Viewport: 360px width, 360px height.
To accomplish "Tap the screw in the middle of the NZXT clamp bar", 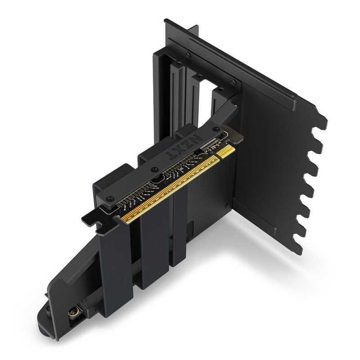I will pos(154,170).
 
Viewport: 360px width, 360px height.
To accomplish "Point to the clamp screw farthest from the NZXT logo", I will pos(110,198).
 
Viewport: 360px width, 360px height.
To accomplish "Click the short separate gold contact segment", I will pos(225,151).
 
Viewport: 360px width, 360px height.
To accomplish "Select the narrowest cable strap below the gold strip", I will pos(180,234).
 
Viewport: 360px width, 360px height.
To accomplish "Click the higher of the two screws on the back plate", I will pos(187,55).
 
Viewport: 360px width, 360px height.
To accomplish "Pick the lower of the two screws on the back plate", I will pos(233,82).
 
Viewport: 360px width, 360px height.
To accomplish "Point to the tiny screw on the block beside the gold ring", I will pos(84,300).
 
